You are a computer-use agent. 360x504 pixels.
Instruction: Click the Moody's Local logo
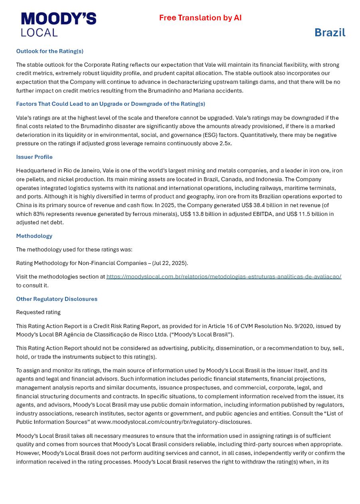click(59, 24)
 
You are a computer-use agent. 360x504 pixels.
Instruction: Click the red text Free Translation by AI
click(200, 18)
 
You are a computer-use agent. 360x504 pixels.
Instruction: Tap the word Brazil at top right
click(330, 32)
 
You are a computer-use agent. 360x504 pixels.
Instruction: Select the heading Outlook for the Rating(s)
click(49, 51)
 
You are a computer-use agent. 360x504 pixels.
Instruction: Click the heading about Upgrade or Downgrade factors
click(111, 104)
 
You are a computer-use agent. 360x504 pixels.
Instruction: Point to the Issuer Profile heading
click(34, 157)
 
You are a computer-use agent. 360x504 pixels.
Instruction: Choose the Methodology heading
click(34, 236)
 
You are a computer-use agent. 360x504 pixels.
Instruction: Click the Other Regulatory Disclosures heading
click(57, 299)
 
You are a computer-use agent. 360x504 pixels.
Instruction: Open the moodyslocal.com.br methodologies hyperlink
click(224, 277)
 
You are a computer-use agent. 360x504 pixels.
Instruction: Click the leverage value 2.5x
click(225, 143)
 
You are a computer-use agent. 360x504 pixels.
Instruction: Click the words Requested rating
click(38, 312)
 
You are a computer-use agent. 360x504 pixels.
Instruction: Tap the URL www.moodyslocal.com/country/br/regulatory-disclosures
click(174, 422)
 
